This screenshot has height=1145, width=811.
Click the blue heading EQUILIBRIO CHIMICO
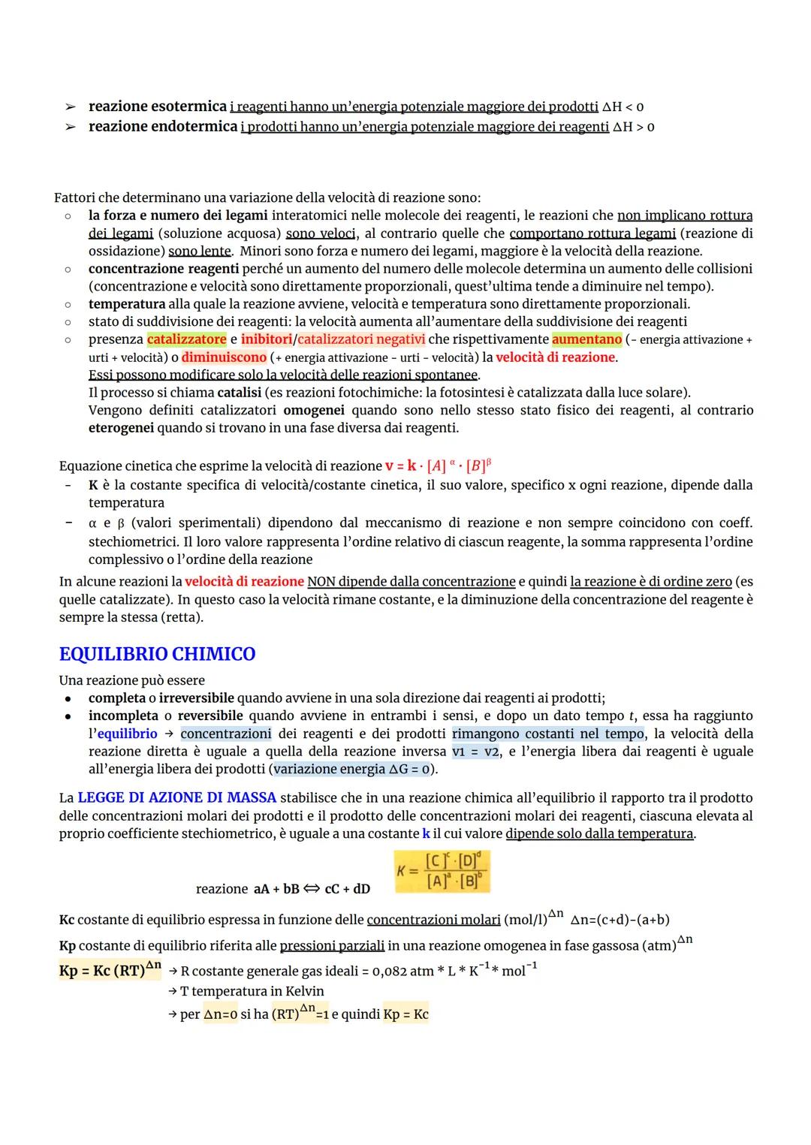(157, 654)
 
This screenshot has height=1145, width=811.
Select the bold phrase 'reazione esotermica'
(158, 107)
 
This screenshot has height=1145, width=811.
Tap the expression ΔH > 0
(634, 127)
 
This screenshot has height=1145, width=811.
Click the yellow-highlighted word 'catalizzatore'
(186, 339)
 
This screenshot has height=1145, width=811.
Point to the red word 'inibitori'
(267, 339)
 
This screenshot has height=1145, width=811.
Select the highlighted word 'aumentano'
(586, 339)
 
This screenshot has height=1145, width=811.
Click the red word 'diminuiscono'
(224, 357)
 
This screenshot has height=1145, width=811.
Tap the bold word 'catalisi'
(239, 393)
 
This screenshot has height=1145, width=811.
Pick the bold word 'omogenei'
(314, 410)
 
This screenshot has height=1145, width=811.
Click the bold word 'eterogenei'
(121, 428)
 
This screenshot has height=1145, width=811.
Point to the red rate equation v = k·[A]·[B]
(438, 466)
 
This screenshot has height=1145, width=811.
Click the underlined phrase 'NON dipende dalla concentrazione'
(412, 582)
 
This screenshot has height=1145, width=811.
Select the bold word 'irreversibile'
(196, 698)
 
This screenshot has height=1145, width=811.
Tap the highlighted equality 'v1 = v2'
(475, 752)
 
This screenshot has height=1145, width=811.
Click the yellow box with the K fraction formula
(442, 872)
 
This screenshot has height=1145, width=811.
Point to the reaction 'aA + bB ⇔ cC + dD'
(312, 889)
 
